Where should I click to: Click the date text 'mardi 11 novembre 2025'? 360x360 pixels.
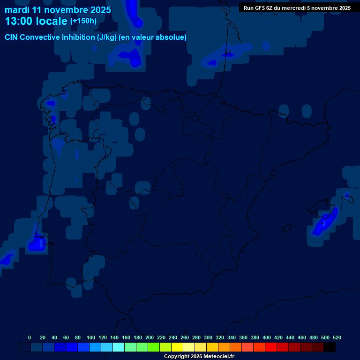coord(58,10)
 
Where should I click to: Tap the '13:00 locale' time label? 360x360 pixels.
coord(36,22)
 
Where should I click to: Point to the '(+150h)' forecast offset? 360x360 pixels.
coord(83,21)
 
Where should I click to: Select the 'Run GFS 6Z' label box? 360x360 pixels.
coord(297,8)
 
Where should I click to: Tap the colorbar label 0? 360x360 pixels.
coord(30,337)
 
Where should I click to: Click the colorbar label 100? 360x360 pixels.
coord(91,337)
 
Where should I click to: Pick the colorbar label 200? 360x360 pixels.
coord(150,337)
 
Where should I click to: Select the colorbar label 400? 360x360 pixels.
coord(267,337)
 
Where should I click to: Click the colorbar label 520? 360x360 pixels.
coord(337,337)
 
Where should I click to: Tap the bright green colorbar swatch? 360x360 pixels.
coord(154,347)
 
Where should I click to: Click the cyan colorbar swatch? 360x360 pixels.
coord(119,347)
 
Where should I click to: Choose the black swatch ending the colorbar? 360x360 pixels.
coord(330,347)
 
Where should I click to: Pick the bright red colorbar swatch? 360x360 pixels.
coord(271,347)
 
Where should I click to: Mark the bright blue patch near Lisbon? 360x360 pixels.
coord(36,244)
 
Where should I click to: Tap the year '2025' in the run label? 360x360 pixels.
coord(343,8)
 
